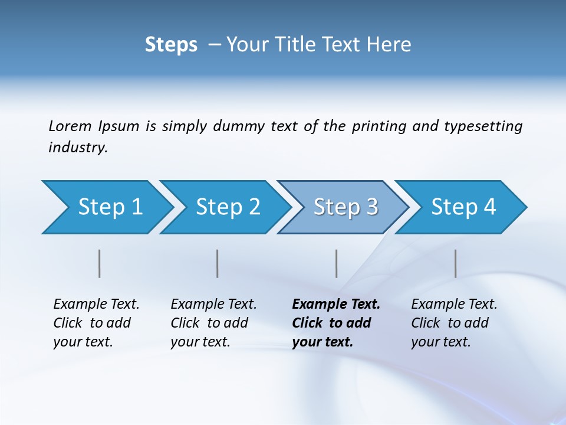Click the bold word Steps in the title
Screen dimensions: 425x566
[x=171, y=45]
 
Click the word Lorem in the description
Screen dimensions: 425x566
[x=70, y=126]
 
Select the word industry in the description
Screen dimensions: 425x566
[x=77, y=148]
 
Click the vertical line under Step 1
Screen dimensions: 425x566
[x=100, y=263]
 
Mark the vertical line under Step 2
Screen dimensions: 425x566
[x=218, y=263]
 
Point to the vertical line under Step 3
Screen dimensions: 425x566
[x=337, y=263]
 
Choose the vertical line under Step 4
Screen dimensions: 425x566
[x=456, y=263]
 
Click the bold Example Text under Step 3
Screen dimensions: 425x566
[x=336, y=305]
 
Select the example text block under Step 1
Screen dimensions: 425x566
[x=96, y=323]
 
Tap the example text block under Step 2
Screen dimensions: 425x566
[x=213, y=323]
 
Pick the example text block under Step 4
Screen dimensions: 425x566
[x=454, y=323]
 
